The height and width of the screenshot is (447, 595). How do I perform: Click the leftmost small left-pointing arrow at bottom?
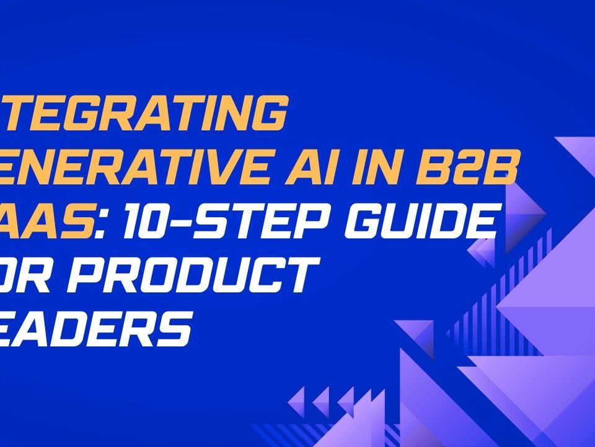tap(298, 398)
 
